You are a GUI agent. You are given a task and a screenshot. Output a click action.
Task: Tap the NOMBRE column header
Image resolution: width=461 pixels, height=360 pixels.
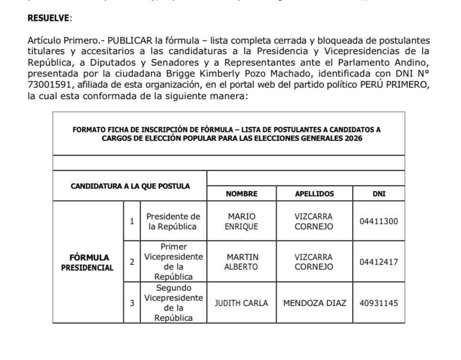click(x=241, y=194)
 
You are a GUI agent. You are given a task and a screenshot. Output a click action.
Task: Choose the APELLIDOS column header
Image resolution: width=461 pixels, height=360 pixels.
click(x=314, y=194)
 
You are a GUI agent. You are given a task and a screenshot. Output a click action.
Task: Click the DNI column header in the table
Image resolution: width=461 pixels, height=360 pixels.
click(x=379, y=194)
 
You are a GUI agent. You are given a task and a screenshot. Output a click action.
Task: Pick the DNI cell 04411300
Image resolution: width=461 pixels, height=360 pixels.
click(x=379, y=222)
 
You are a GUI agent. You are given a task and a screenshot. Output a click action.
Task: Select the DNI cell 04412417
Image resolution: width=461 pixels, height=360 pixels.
click(x=379, y=262)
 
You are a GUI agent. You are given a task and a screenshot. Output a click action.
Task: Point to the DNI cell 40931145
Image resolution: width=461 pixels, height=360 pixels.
click(x=379, y=303)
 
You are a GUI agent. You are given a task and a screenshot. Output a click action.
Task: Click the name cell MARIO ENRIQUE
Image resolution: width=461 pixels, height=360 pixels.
click(x=241, y=222)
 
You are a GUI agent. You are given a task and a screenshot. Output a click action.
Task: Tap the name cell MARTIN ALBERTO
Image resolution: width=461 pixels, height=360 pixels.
click(x=241, y=262)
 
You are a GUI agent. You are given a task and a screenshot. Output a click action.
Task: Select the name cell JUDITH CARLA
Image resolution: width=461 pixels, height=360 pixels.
click(x=241, y=303)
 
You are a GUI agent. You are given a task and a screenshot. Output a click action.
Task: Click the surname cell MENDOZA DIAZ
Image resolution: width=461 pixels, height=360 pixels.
click(x=314, y=303)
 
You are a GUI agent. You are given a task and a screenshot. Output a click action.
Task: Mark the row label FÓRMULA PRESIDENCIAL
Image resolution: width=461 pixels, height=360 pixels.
click(x=88, y=262)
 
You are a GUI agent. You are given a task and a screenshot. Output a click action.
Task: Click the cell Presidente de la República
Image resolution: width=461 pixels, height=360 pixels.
click(x=173, y=222)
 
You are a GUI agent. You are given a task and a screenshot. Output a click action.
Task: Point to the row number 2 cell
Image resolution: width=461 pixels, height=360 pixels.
click(x=132, y=262)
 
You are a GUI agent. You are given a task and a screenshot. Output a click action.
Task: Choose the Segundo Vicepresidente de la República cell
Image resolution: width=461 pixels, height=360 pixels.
click(x=173, y=303)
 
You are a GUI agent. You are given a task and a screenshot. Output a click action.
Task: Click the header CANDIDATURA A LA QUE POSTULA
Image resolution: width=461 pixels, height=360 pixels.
click(x=130, y=186)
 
